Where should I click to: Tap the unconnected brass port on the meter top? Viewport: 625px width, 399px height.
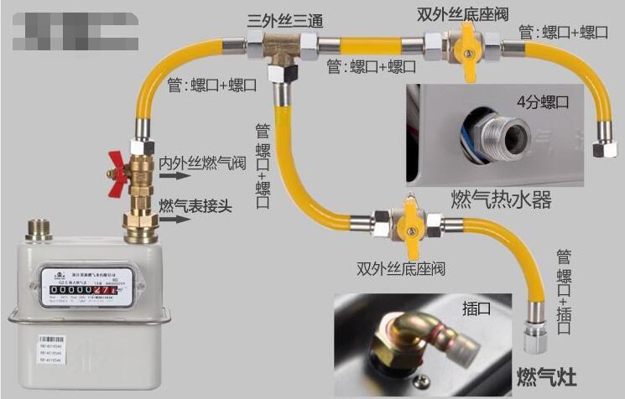pos(38,228)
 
